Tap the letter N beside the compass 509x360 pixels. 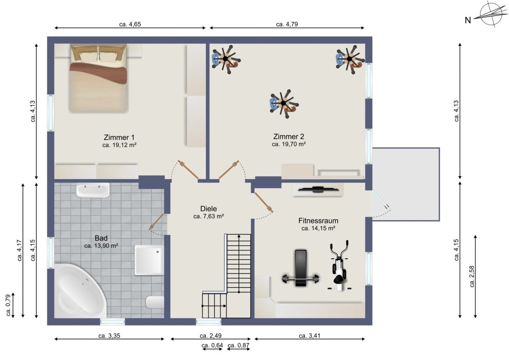(467, 20)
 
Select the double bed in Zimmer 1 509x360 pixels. (98, 78)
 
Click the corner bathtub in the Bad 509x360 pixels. (80, 291)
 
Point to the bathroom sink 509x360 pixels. (92, 190)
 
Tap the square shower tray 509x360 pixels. (149, 260)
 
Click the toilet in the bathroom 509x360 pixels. (155, 302)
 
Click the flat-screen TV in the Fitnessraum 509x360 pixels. (318, 189)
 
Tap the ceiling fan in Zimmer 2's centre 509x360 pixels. (283, 104)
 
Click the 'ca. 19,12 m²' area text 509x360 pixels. (119, 145)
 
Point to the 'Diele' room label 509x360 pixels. (208, 208)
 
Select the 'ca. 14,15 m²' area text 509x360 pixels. (319, 228)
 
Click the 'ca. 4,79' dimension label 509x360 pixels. (287, 24)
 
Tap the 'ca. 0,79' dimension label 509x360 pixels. (8, 305)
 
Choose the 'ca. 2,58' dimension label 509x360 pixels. (472, 276)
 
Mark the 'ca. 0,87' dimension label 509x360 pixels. (238, 345)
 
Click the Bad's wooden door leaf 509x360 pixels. (157, 222)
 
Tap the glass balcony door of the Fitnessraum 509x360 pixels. (381, 200)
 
